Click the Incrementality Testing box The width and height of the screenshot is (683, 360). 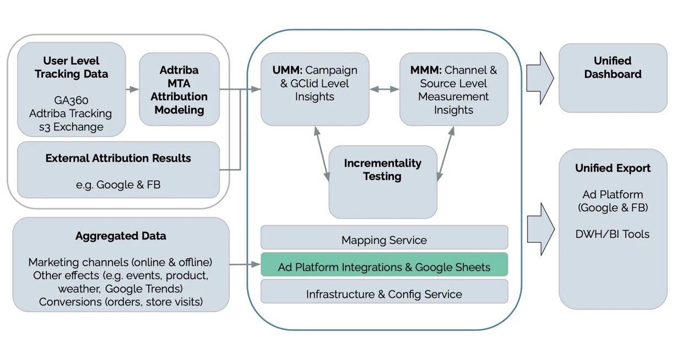[x=383, y=182]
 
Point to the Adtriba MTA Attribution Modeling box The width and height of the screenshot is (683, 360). [x=179, y=90]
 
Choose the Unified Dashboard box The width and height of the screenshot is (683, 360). [x=612, y=78]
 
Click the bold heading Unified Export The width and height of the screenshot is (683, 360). [x=612, y=168]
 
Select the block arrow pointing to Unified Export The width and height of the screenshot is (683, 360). [x=540, y=229]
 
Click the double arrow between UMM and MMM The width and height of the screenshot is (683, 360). [x=384, y=89]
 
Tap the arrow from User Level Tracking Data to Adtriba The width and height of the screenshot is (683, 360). [x=132, y=89]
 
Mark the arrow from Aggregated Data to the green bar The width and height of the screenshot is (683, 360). [x=245, y=265]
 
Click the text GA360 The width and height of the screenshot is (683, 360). [x=71, y=101]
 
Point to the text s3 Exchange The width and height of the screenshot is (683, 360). [x=71, y=127]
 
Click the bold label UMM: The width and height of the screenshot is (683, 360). [x=287, y=70]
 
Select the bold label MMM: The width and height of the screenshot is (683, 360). [x=425, y=70]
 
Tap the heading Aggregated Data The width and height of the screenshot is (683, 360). [x=121, y=236]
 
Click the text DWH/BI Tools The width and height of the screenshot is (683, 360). [x=612, y=234]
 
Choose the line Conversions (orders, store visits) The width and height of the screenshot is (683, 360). [x=121, y=302]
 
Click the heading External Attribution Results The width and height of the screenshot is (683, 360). [x=118, y=159]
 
